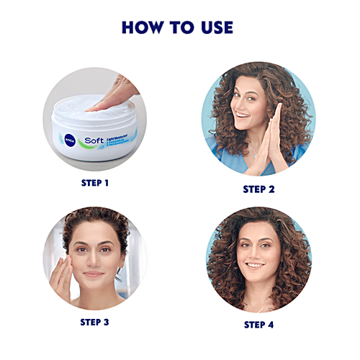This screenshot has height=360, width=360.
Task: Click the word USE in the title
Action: (214, 27)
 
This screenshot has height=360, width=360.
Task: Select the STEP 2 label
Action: (259, 189)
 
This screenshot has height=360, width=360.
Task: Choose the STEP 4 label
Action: (259, 325)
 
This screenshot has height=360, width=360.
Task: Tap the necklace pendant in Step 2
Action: (254, 154)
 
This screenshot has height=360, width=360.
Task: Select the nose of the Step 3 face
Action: (93, 261)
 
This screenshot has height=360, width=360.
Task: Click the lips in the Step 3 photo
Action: (93, 275)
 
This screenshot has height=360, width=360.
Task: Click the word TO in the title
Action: (178, 27)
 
